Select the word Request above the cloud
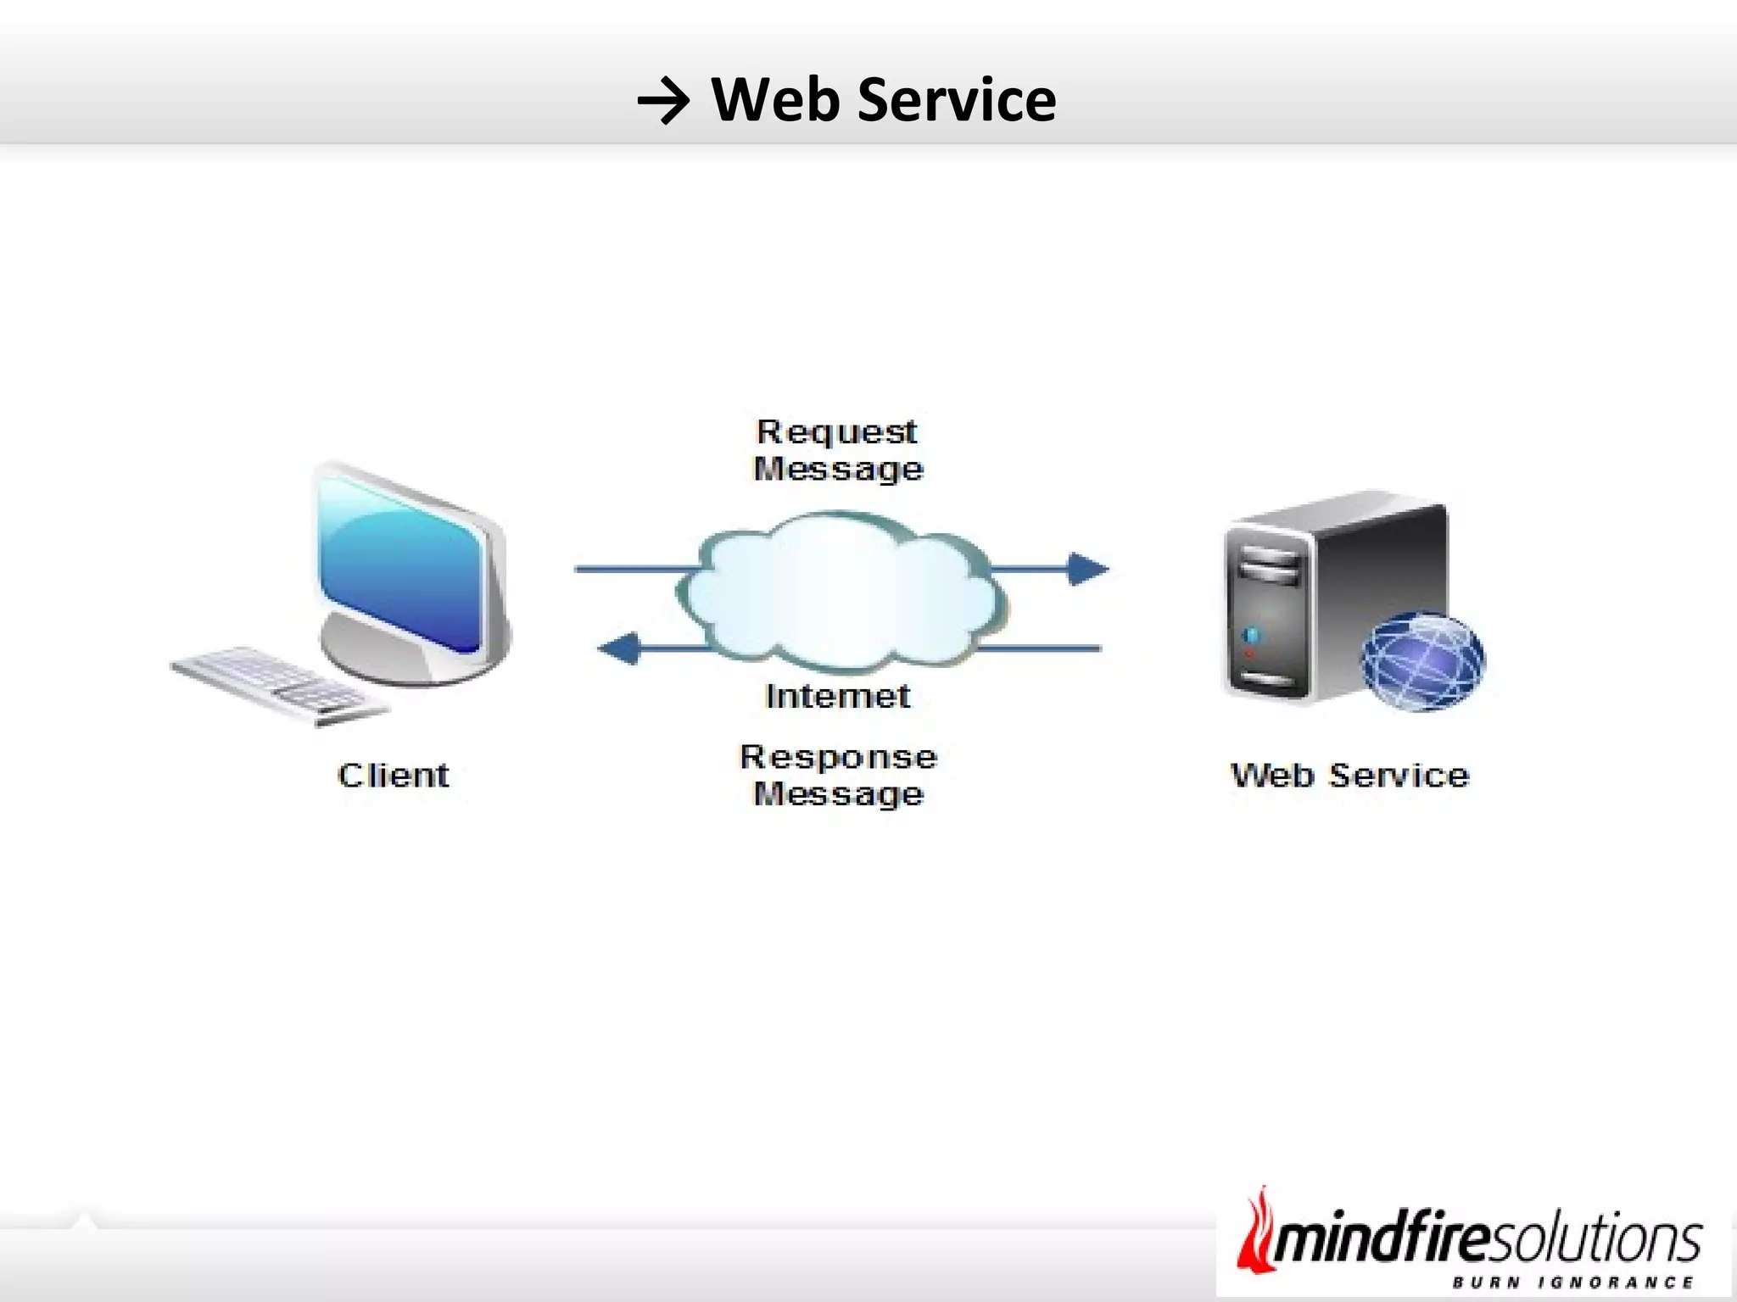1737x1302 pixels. tap(836, 431)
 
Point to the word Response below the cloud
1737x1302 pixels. tap(838, 756)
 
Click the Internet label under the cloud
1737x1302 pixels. tap(838, 696)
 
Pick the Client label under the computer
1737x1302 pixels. tap(394, 775)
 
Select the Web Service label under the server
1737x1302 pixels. tap(1349, 775)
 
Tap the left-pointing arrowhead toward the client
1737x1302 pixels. tap(619, 648)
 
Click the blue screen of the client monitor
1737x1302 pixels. tap(399, 564)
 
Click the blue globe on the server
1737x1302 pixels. tap(1423, 662)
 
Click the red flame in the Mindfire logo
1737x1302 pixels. tap(1254, 1233)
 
